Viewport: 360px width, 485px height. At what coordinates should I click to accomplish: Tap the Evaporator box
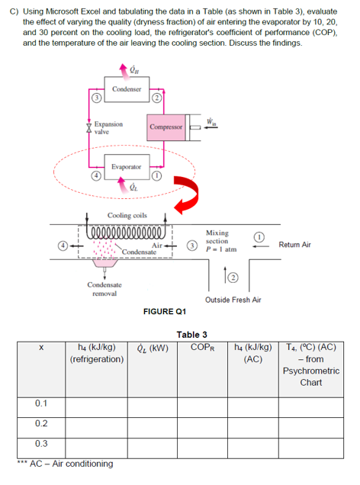point(125,165)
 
